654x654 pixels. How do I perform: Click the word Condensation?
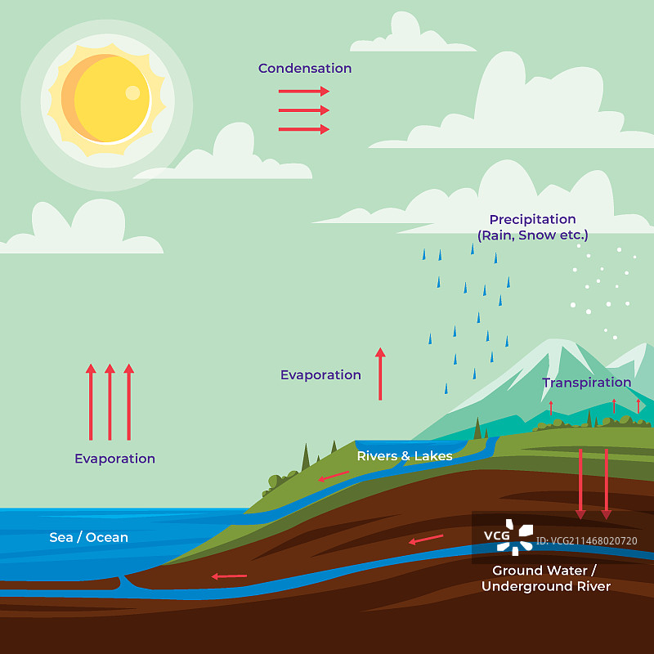coord(305,69)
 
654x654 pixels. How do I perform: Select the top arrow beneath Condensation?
coord(303,91)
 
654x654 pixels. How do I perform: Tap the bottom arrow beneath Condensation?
coord(303,129)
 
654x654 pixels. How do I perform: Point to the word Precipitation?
coord(532,219)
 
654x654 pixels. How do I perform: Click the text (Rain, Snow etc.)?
coord(532,235)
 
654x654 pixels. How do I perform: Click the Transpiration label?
coord(586,383)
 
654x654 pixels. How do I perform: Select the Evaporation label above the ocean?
coord(114,459)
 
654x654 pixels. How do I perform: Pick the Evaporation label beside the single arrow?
coord(320,375)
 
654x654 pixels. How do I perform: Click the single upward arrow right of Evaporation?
coord(380,374)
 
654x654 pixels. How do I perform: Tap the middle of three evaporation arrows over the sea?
coord(110,402)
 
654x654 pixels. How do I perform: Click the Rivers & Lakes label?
coord(404,456)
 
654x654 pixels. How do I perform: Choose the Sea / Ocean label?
coord(88,537)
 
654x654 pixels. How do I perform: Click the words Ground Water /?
coord(544,570)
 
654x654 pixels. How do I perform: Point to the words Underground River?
coord(545,586)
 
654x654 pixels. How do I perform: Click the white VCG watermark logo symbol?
coord(516,536)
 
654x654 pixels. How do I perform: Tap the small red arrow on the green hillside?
coord(334,477)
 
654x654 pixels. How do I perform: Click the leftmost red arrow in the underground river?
coord(229,576)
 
